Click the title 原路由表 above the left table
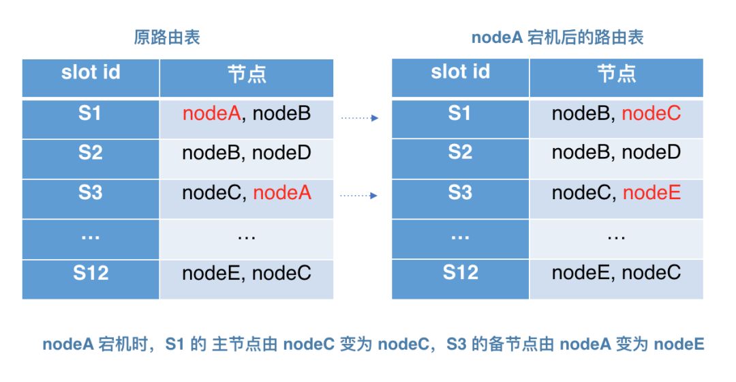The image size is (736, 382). click(167, 37)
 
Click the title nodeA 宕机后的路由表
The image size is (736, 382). click(557, 37)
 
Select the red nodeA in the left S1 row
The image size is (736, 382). click(211, 113)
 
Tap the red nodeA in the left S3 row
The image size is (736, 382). click(282, 192)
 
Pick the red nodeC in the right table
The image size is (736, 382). click(651, 113)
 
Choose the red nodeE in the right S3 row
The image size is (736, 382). click(651, 192)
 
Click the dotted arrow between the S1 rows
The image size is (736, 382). click(360, 118)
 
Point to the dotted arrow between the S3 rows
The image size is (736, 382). click(358, 196)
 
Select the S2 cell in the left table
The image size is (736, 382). click(91, 159)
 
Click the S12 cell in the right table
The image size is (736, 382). click(461, 278)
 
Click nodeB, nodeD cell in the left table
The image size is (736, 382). click(247, 159)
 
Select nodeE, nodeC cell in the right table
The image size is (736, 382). click(616, 278)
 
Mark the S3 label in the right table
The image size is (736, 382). click(460, 192)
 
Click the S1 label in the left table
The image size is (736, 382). click(90, 113)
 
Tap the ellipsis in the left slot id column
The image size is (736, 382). click(90, 237)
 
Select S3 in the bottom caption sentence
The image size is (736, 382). click(456, 344)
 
